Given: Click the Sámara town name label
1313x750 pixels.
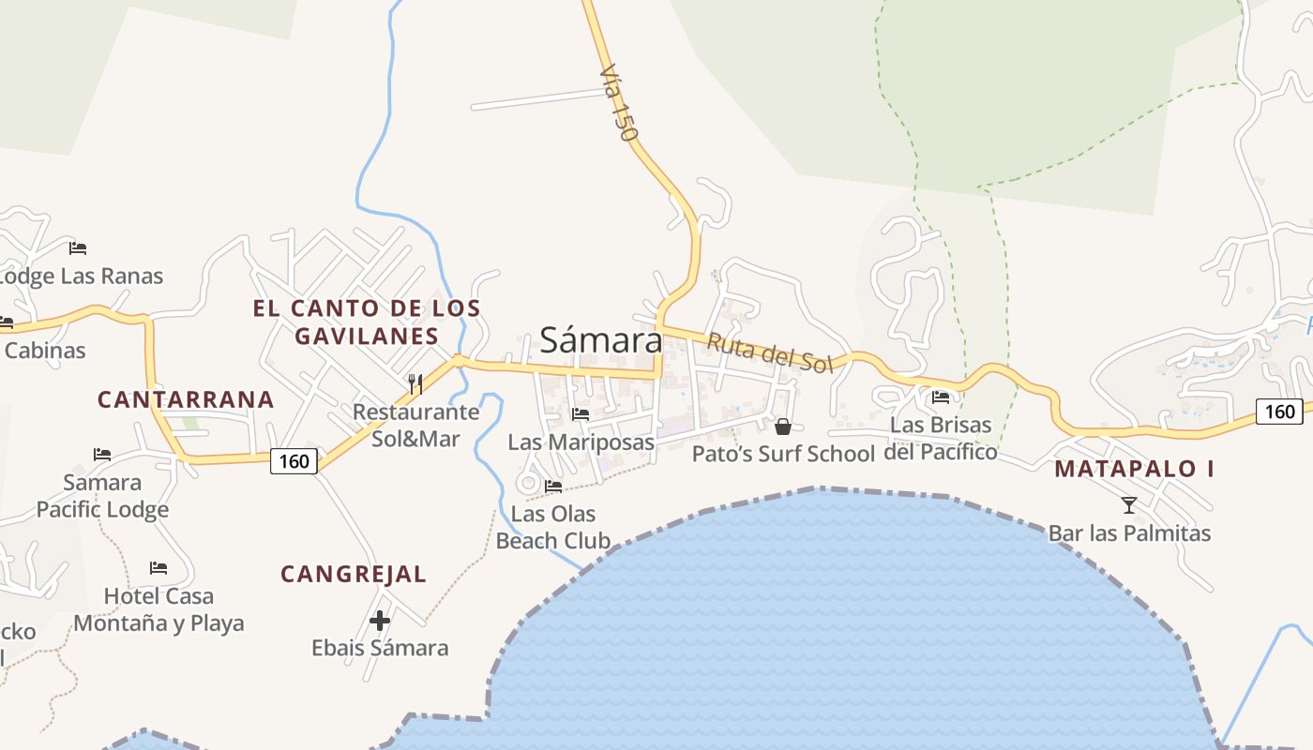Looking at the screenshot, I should [x=601, y=340].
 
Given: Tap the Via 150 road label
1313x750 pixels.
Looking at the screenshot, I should [x=619, y=102].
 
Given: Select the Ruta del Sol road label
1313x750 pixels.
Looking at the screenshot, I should [x=770, y=352].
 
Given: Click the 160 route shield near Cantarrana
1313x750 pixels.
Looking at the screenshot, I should [x=294, y=461].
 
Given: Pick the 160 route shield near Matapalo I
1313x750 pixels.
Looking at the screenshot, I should [x=1279, y=411].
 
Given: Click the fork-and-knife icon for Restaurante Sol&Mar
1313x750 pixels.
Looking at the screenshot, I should [x=415, y=383].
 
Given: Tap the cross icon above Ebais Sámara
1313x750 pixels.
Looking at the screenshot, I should [x=380, y=620].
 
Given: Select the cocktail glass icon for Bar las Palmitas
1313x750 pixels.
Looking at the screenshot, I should [x=1129, y=505].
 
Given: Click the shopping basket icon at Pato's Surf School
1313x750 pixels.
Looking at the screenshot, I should [x=783, y=427].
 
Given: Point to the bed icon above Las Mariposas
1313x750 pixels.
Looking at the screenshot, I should [x=581, y=413].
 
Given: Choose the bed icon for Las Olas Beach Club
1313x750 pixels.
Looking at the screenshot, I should [x=553, y=486].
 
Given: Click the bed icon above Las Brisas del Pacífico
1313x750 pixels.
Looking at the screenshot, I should [x=941, y=397].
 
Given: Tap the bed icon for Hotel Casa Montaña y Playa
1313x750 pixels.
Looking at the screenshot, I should [x=158, y=568].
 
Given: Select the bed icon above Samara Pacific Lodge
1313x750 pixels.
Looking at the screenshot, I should [x=102, y=455].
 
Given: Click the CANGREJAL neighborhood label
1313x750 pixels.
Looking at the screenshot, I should [x=354, y=574].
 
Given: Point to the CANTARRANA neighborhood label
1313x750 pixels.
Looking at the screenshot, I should [x=186, y=399].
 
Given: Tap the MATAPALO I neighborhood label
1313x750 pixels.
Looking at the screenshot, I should [x=1134, y=469].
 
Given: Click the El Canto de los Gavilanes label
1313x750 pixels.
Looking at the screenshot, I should [x=367, y=322].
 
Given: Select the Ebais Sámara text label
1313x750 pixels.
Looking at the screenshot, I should [x=380, y=648].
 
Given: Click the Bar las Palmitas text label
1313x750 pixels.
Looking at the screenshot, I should [x=1129, y=533].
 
